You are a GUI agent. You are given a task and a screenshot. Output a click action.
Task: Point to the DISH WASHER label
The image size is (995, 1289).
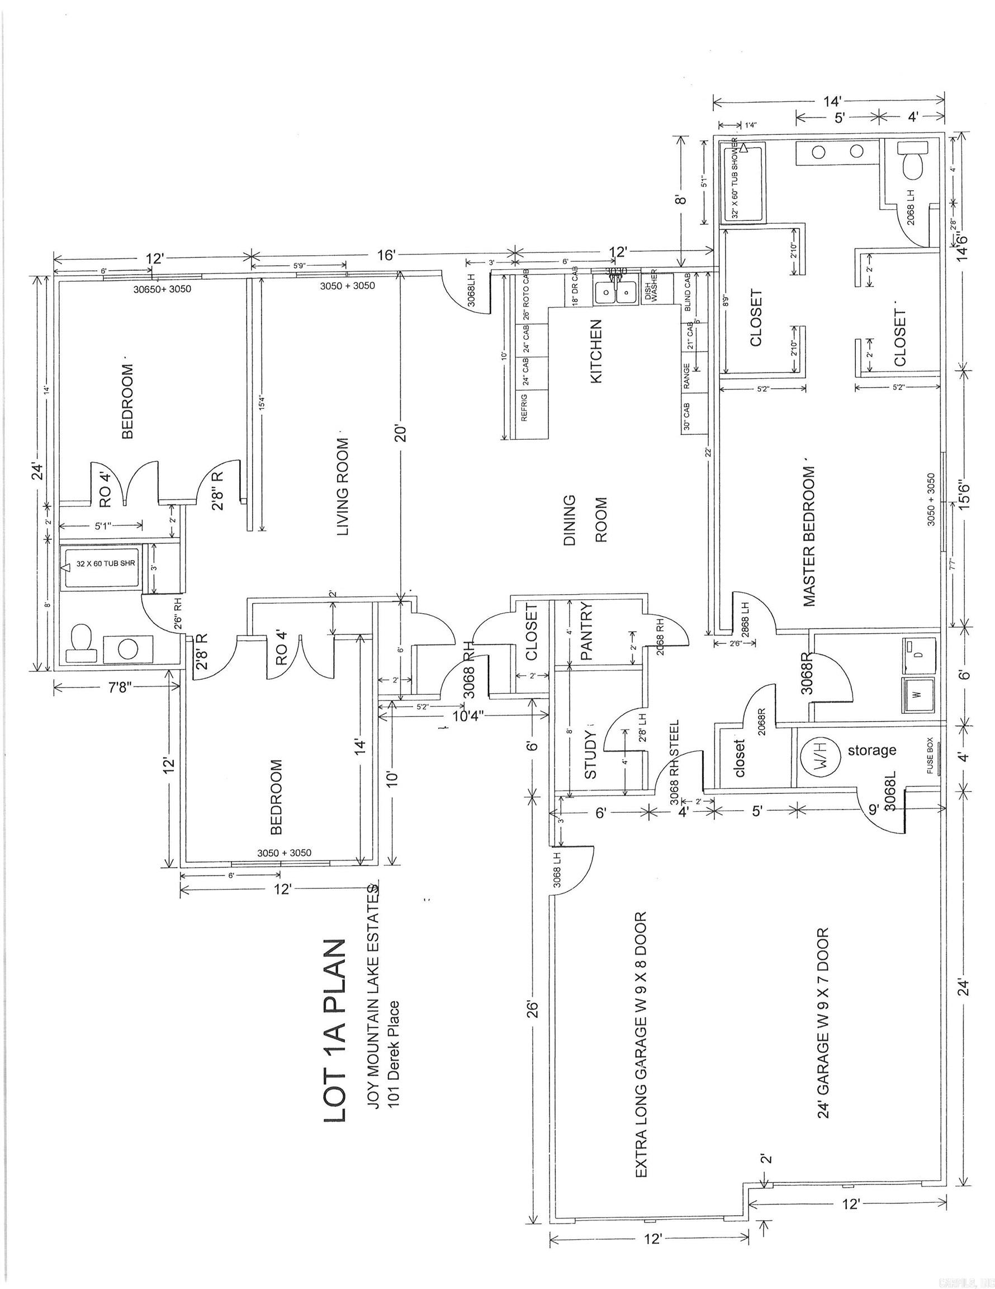point(650,289)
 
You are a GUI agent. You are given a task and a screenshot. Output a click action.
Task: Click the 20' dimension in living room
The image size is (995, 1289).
point(400,434)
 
